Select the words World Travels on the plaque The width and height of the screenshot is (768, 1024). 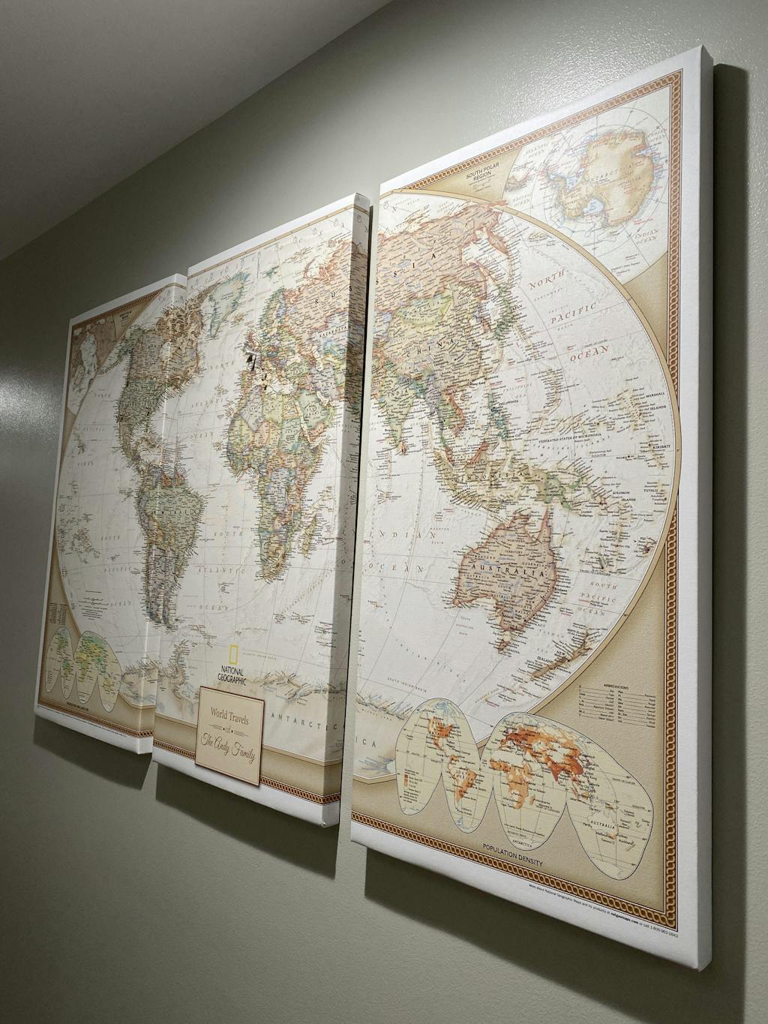click(x=230, y=714)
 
